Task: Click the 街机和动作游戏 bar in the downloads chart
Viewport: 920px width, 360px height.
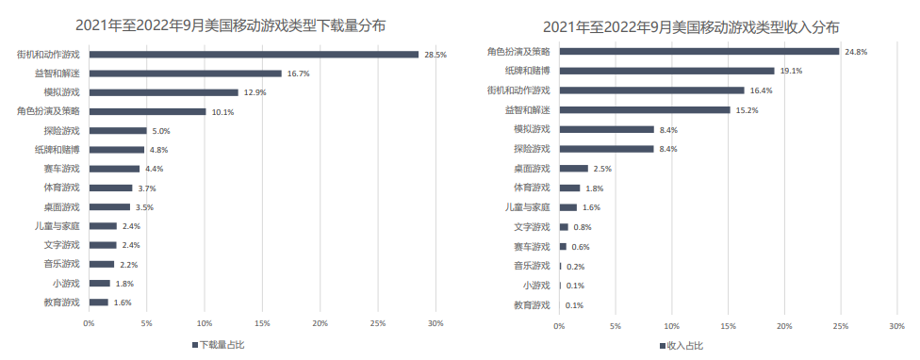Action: pos(253,55)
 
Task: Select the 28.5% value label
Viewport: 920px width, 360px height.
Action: pos(435,55)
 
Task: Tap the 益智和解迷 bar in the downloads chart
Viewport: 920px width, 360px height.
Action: pos(185,74)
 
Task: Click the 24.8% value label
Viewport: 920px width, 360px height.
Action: pos(855,52)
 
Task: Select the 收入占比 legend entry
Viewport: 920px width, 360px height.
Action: pos(682,345)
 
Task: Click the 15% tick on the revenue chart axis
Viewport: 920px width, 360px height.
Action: pos(728,325)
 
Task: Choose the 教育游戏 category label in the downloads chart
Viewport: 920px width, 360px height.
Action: pos(62,303)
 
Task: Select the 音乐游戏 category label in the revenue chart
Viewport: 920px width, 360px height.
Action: pos(532,267)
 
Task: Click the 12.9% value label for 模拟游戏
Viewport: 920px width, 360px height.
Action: pos(255,92)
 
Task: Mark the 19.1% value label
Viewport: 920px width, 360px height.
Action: pos(790,71)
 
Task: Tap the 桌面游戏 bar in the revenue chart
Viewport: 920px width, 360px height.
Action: pos(574,169)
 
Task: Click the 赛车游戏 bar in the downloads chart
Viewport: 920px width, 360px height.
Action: pos(114,169)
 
